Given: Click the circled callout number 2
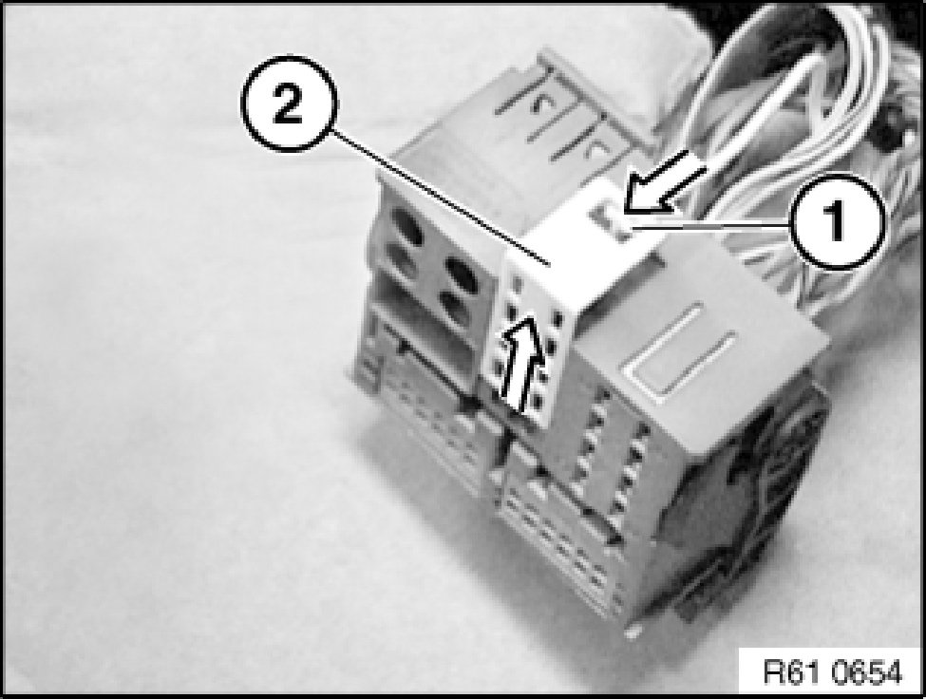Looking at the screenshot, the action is pos(288,104).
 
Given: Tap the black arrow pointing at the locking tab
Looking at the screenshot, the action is pos(662,181).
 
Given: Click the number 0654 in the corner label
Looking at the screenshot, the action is pos(867,671).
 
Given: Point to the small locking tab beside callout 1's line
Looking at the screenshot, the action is pos(613,222).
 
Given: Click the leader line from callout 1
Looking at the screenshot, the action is pos(712,225).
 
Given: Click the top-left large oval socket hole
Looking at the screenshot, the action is pos(406,228).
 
